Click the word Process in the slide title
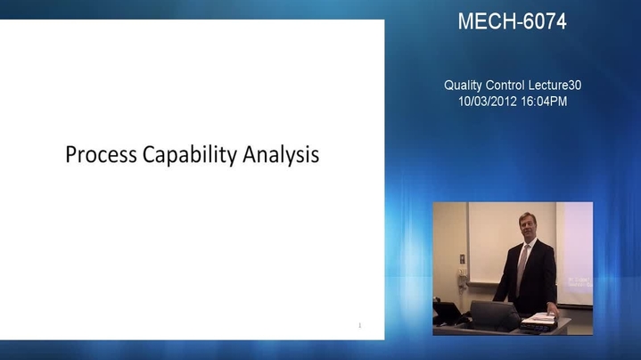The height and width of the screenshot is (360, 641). (x=101, y=155)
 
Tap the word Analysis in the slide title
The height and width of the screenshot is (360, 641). (x=281, y=155)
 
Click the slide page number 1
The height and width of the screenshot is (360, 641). (x=360, y=325)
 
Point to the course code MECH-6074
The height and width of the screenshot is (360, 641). (x=513, y=21)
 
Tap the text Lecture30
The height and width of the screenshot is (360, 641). (x=555, y=86)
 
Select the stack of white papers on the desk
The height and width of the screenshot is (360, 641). (x=538, y=318)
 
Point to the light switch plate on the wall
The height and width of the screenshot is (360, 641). (x=462, y=258)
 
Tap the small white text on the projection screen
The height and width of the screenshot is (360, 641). (x=579, y=282)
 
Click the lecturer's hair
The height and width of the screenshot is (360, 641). (x=526, y=217)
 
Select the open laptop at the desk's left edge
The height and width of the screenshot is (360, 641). (x=447, y=314)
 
